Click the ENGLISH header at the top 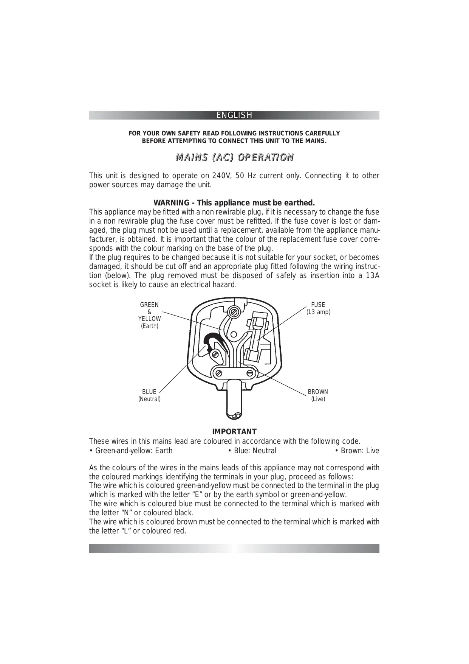coord(234,115)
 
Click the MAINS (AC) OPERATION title coord(234,157)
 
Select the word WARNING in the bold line coord(171,203)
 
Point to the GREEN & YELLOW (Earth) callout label coord(149,315)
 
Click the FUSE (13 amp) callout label coord(318,308)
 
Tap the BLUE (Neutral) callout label coord(149,395)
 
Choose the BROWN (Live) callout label coord(318,395)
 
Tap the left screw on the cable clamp coord(218,373)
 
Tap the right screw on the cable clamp coord(249,373)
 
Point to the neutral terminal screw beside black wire coord(215,355)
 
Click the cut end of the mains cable coord(234,415)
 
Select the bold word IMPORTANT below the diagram coord(234,432)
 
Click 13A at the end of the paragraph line coord(372,275)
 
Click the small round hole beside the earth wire coord(234,334)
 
